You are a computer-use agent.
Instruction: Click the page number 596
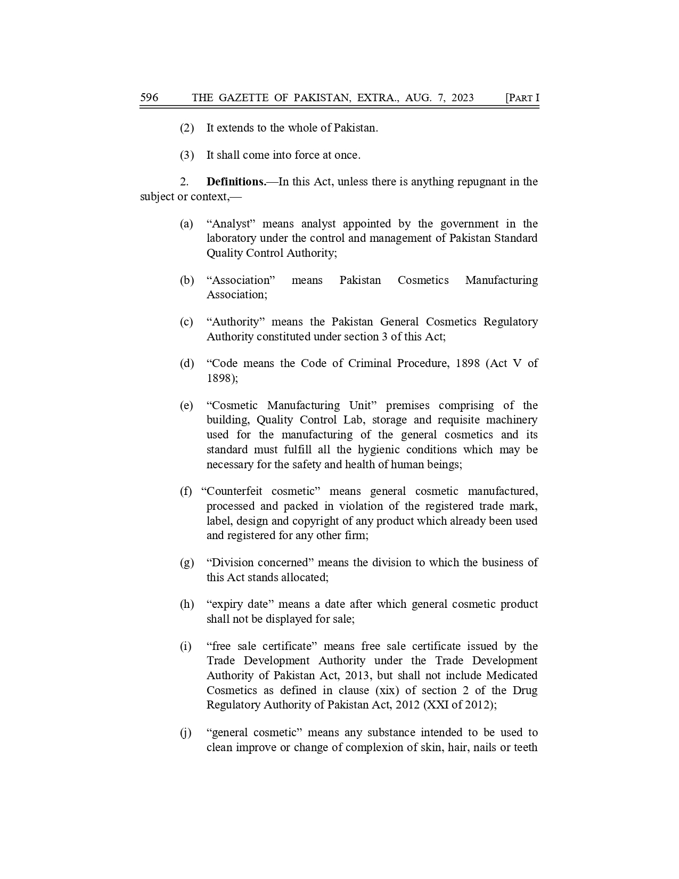point(149,97)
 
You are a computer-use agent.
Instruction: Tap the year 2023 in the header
point(462,97)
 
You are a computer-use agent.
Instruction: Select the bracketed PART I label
point(522,97)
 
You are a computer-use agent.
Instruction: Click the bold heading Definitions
point(236,182)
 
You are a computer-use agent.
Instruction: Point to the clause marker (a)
point(186,224)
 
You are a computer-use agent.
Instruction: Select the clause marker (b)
point(186,280)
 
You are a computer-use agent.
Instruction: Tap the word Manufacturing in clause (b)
point(501,280)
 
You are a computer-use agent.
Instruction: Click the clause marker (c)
point(186,322)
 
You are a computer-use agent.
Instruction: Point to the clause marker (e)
point(186,405)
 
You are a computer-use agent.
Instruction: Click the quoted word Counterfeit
point(234,491)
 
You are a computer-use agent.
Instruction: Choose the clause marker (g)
point(186,563)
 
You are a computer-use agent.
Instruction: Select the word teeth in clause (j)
point(525,747)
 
